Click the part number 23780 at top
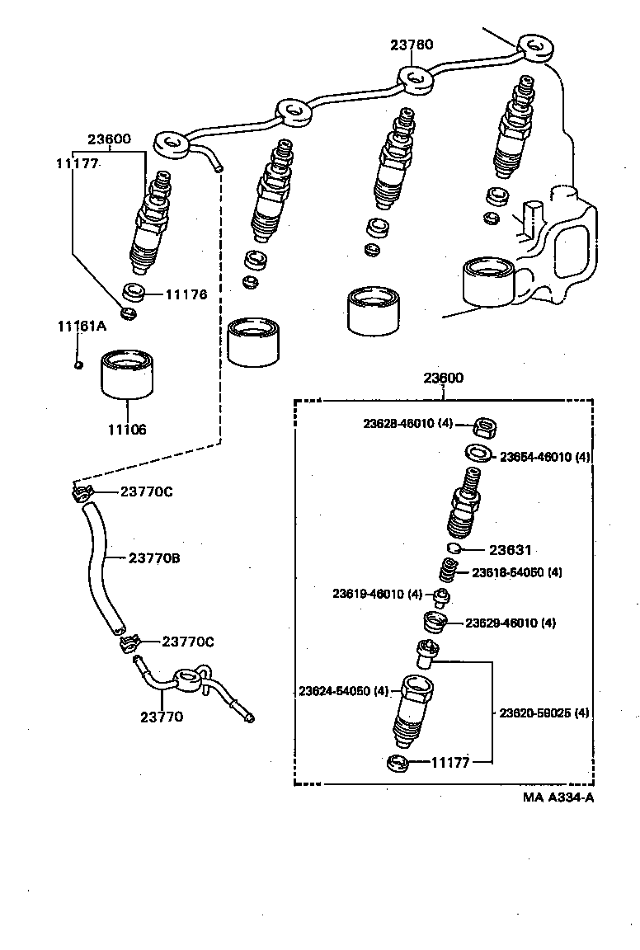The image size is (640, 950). pos(412,45)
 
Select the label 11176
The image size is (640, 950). pos(186,294)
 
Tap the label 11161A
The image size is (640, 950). pos(82,326)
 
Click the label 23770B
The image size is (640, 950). pos(154,558)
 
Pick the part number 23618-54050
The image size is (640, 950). pos(516,572)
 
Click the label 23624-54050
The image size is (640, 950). pos(342,690)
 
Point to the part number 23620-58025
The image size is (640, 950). pos(544,712)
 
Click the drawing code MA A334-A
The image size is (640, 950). pos(558,797)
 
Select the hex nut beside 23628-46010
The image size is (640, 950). pos(484,427)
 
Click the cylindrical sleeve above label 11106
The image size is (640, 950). pos(129,375)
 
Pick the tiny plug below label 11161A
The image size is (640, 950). pos(77,364)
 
